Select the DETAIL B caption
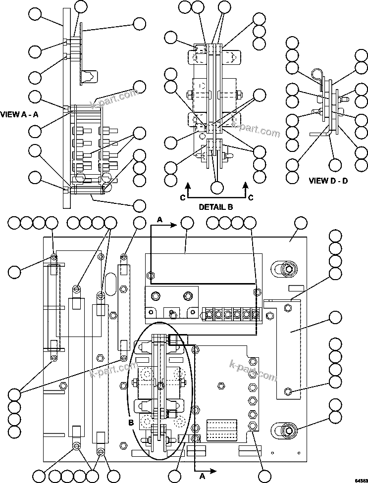tap(216, 207)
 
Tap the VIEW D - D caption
tap(328, 181)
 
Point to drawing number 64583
tap(360, 479)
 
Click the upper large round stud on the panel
tap(287, 269)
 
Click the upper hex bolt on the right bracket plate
tap(286, 308)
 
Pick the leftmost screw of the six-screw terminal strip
tap(209, 314)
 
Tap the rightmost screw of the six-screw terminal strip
tap(256, 314)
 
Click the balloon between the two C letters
tap(216, 188)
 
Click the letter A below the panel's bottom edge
tap(202, 476)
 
